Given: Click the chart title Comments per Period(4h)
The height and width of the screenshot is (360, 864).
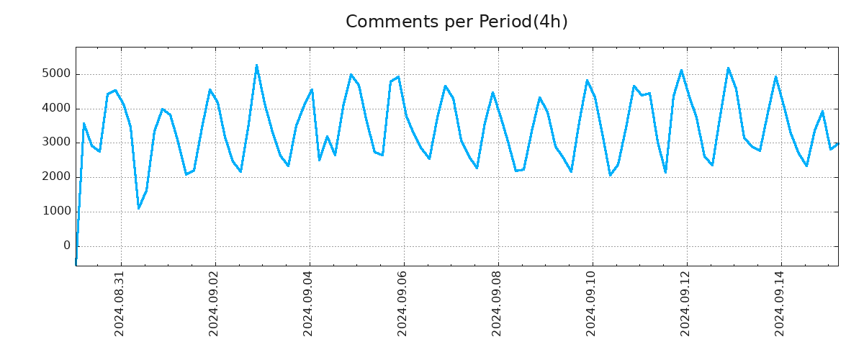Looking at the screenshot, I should point(456,22).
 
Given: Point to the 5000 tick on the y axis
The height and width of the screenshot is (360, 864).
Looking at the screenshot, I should point(55,74).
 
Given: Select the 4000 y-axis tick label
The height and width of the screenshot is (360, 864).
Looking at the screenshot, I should point(55,109).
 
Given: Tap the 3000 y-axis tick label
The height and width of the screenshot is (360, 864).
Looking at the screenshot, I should point(55,143).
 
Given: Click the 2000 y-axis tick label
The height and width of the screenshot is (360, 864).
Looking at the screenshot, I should point(55,177).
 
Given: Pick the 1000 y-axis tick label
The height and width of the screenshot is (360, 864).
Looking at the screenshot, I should point(55,212).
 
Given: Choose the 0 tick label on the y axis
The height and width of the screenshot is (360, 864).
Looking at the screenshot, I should point(67,246).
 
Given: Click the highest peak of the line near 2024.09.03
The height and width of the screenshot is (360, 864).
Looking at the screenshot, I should point(256,66).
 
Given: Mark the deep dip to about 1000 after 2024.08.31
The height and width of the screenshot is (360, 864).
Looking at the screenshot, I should point(139,208).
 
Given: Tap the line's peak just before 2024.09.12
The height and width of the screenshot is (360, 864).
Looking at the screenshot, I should point(681,71).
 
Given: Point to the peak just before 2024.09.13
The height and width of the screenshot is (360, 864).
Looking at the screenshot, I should point(728,68).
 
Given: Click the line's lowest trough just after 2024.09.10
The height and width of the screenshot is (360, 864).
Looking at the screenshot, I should point(610,175).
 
